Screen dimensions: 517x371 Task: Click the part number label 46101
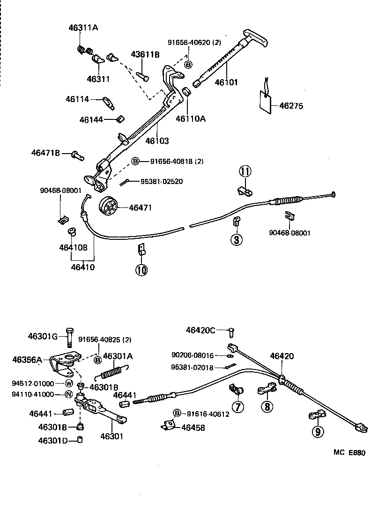tap(226, 82)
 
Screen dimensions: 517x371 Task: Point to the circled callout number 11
tap(245, 172)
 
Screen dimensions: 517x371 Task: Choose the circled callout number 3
tap(236, 240)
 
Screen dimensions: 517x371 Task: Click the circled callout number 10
tap(141, 269)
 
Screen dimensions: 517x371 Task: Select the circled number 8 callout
tap(267, 406)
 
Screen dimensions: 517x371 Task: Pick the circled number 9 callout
tap(318, 431)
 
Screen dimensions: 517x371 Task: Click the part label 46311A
tap(83, 28)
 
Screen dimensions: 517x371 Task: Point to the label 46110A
tap(191, 119)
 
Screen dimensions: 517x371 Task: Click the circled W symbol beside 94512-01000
tap(68, 384)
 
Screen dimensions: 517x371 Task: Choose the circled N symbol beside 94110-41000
tap(68, 394)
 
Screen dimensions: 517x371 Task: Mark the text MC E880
tap(349, 452)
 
